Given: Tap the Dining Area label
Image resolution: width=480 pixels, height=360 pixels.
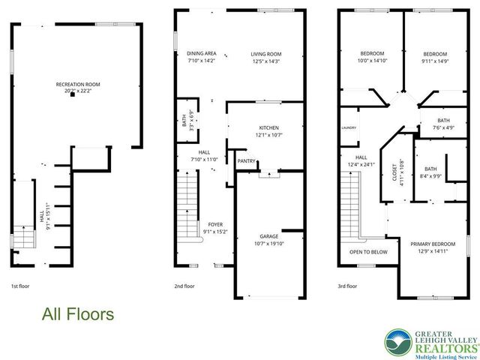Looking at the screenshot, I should pos(202,53).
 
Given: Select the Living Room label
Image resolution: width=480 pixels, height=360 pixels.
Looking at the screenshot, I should pos(265,53).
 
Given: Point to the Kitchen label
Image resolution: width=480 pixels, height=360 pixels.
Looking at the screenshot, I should pos(268,127).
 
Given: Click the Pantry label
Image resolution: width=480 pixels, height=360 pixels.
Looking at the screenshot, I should pos(246,160).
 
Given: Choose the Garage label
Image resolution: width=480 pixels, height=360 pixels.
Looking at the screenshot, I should pos(268,236).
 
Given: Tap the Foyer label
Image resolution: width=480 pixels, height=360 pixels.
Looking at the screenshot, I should pos(215,224).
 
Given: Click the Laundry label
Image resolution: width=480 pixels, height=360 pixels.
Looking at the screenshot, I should pos(349,127).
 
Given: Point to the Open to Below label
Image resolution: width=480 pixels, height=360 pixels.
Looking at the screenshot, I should pos(368,252).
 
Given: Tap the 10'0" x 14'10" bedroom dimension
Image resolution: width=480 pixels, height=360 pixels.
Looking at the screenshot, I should pos(372,62).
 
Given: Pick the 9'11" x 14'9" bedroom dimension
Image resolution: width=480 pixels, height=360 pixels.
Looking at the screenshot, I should pos(434,62).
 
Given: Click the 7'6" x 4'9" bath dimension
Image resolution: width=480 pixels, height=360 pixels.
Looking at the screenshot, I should pos(443,127).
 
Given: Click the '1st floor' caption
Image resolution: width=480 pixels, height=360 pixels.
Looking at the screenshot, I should pos(21,286).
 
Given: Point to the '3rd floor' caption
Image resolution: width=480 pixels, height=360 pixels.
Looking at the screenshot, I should pos(347,286).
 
